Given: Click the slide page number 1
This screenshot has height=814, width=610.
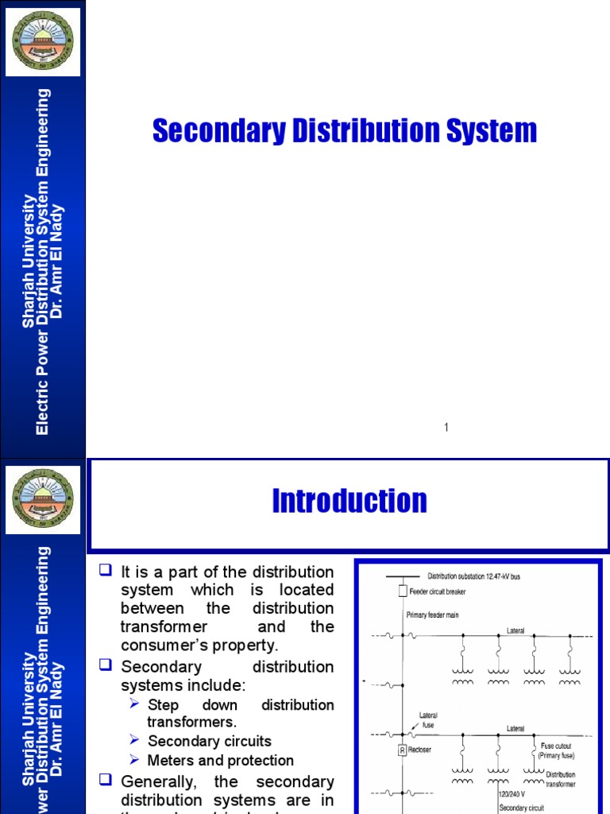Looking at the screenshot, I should [446, 428].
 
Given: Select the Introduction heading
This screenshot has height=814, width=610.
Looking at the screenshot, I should [349, 502].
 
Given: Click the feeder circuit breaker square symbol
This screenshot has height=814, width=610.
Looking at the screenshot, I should [403, 591].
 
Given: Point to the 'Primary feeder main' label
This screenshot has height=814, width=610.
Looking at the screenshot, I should [434, 614].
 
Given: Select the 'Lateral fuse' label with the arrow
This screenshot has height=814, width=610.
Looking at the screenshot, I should [429, 720].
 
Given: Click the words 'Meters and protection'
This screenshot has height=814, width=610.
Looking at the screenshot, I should [221, 761].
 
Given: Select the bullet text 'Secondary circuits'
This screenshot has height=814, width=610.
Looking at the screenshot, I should [210, 742].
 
